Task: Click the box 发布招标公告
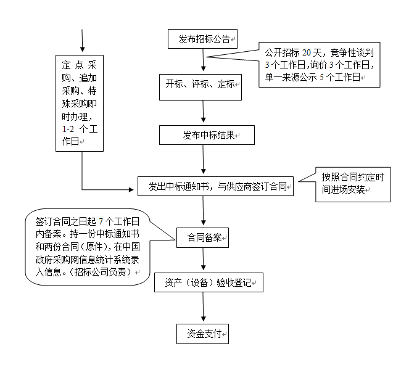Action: click(202, 39)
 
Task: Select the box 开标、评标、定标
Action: click(200, 87)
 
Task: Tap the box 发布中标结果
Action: click(207, 135)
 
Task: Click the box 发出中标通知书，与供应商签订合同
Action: click(215, 186)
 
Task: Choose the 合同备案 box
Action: click(202, 237)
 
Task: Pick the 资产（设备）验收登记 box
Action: click(209, 282)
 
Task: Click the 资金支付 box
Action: click(202, 334)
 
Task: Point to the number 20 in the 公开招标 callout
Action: click(306, 52)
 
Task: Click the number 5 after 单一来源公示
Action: click(321, 77)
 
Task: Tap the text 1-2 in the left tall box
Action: click(68, 129)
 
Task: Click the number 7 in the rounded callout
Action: click(101, 221)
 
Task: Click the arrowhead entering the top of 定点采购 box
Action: click(83, 49)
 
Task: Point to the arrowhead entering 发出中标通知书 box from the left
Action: click(131, 189)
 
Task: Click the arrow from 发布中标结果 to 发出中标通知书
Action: click(203, 159)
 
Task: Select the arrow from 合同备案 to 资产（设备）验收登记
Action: click(203, 259)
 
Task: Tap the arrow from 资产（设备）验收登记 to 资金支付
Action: click(203, 306)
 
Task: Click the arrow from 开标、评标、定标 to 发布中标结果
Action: click(203, 112)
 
